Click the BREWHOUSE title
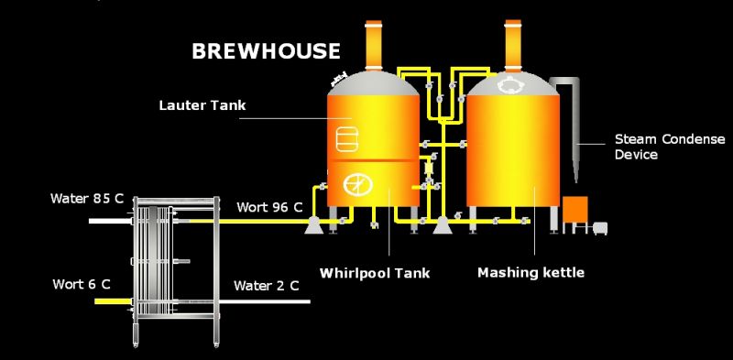[x=266, y=51]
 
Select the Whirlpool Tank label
[x=375, y=273]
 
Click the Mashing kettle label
[x=531, y=273]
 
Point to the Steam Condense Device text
[x=669, y=147]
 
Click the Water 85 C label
[x=87, y=198]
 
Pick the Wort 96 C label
[x=269, y=207]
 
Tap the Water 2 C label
[x=266, y=285]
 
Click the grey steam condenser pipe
[x=579, y=128]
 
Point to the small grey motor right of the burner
[x=601, y=226]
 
